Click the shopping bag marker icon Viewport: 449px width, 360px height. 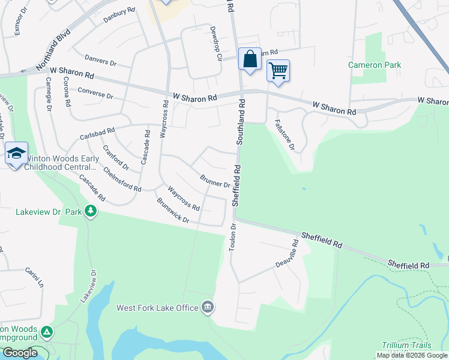[250, 59]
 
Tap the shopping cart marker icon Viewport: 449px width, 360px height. [278, 71]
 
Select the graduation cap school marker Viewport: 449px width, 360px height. [16, 154]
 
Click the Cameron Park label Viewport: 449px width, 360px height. [374, 65]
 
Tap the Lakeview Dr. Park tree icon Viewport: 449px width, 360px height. [91, 211]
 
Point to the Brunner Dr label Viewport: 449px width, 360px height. [215, 181]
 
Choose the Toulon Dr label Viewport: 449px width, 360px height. [233, 237]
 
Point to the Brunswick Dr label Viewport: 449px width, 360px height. [173, 212]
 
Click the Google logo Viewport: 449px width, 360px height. [20, 353]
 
